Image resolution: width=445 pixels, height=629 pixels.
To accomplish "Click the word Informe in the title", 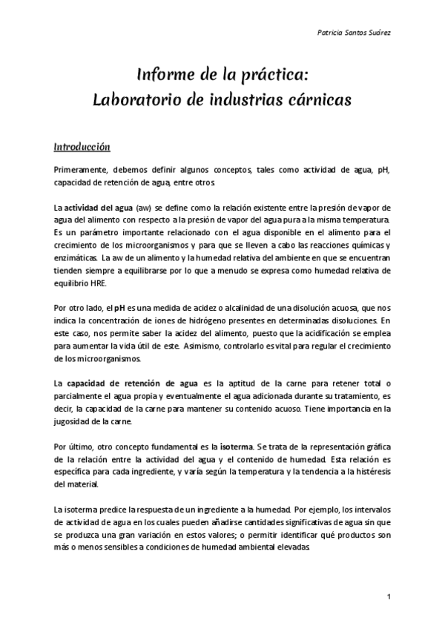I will coord(165,76).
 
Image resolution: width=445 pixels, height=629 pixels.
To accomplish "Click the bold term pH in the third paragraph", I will coord(118,308).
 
